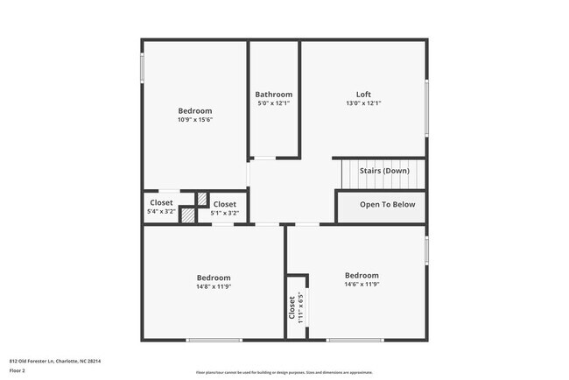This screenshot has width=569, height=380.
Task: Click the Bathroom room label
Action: [274, 95]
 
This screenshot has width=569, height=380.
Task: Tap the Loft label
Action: [363, 95]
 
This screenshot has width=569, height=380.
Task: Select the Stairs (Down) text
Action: [383, 171]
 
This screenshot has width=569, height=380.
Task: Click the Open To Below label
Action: [387, 205]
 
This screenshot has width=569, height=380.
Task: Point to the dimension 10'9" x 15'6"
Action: [195, 120]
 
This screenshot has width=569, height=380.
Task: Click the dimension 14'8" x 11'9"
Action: [214, 285]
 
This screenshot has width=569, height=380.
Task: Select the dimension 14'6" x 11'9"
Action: [362, 284]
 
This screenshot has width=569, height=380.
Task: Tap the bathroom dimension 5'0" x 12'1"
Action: [274, 103]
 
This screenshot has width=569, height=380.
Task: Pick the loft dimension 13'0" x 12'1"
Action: [363, 103]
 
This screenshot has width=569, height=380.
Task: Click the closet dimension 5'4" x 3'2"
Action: [161, 212]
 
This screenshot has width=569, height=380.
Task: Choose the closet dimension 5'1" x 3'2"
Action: [225, 213]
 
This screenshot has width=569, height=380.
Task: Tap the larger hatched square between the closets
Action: [187, 213]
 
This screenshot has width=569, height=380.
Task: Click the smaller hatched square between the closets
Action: [202, 199]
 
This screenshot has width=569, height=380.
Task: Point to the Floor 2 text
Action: [18, 369]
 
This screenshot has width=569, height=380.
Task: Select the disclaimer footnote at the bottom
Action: [284, 372]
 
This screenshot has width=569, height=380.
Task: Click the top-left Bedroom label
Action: [195, 111]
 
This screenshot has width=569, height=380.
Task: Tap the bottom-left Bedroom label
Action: [214, 277]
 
